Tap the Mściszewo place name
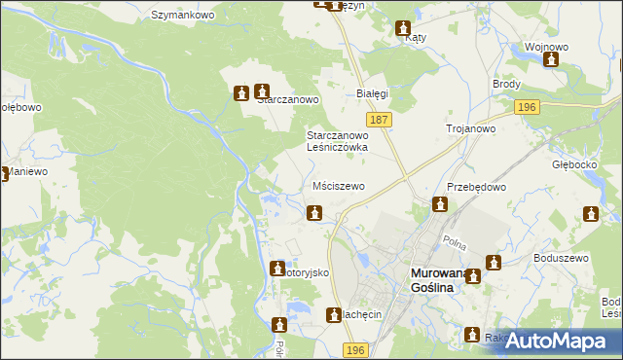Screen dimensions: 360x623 point(339,185)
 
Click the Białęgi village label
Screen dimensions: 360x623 point(372,93)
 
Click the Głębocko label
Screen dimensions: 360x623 point(572,164)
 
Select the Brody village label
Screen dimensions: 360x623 point(507,85)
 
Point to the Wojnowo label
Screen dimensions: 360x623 point(546,47)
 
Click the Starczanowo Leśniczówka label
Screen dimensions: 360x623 point(337,141)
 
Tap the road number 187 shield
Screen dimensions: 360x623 point(381,119)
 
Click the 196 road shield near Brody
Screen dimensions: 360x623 point(527,107)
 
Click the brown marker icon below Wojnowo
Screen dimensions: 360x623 point(551,60)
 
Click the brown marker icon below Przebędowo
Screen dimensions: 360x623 point(440,204)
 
